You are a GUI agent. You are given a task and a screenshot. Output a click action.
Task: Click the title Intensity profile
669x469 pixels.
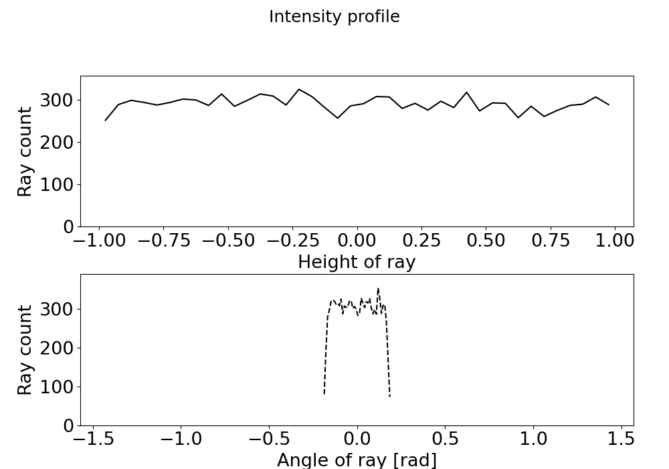(334, 17)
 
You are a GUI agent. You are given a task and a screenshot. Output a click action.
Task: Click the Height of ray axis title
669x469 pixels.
(357, 262)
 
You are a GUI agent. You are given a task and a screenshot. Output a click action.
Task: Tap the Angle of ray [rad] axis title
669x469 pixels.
(357, 460)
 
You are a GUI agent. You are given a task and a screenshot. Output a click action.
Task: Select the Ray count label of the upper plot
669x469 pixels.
(25, 151)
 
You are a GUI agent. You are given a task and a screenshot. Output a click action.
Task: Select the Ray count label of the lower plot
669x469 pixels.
(25, 350)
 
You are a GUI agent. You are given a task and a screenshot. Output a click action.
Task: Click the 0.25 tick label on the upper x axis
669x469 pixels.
(421, 240)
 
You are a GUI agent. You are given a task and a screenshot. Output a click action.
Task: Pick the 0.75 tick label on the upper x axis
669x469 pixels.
(550, 240)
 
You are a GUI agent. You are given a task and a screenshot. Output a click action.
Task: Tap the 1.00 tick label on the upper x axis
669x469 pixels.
(614, 240)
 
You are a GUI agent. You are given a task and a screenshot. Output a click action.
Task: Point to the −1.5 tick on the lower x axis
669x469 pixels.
(92, 439)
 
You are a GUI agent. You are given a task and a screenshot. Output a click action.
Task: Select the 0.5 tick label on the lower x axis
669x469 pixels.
(445, 439)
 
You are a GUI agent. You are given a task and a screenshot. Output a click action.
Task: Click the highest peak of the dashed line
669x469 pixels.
(378, 289)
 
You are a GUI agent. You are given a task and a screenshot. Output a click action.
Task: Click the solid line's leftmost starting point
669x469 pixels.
(106, 121)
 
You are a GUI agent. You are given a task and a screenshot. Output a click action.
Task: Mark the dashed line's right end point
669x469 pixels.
(390, 397)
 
